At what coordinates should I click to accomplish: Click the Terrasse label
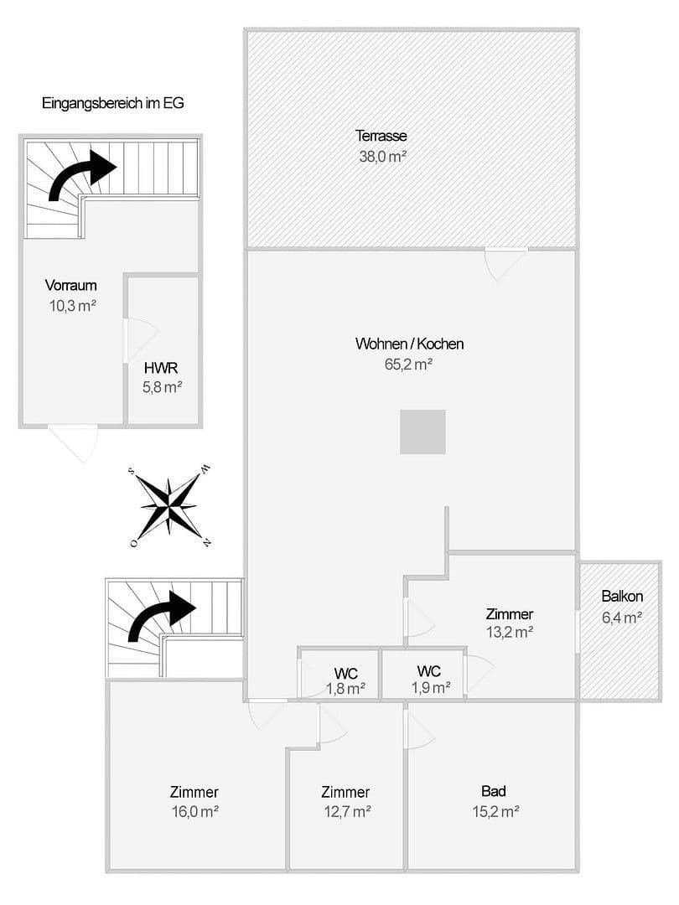[x=381, y=136]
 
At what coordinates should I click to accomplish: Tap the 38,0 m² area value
[x=381, y=156]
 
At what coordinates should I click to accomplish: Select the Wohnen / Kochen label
[x=409, y=344]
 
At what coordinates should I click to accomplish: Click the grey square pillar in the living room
[x=422, y=432]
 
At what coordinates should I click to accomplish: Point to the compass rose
[x=168, y=505]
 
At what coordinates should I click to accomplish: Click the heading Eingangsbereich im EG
[x=112, y=104]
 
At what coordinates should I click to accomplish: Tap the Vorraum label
[x=71, y=286]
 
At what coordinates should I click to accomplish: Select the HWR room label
[x=161, y=367]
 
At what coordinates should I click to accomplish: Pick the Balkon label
[x=622, y=597]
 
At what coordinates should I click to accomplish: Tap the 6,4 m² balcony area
[x=622, y=618]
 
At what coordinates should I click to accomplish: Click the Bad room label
[x=494, y=790]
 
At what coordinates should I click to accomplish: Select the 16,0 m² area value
[x=194, y=811]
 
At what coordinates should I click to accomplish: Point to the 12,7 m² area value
[x=345, y=811]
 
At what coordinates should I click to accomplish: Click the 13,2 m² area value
[x=510, y=633]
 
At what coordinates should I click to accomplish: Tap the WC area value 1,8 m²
[x=345, y=689]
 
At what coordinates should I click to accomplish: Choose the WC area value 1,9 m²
[x=430, y=687]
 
